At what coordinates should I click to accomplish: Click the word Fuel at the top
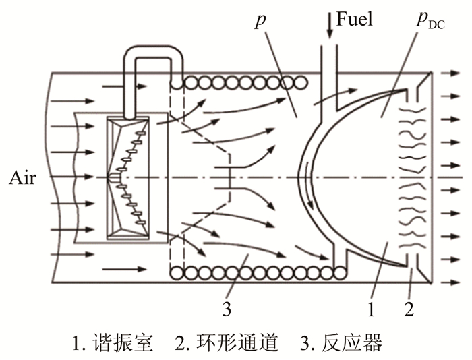tap(355, 18)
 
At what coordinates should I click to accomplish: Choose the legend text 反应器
tap(357, 343)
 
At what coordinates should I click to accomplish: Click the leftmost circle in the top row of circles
tap(179, 82)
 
